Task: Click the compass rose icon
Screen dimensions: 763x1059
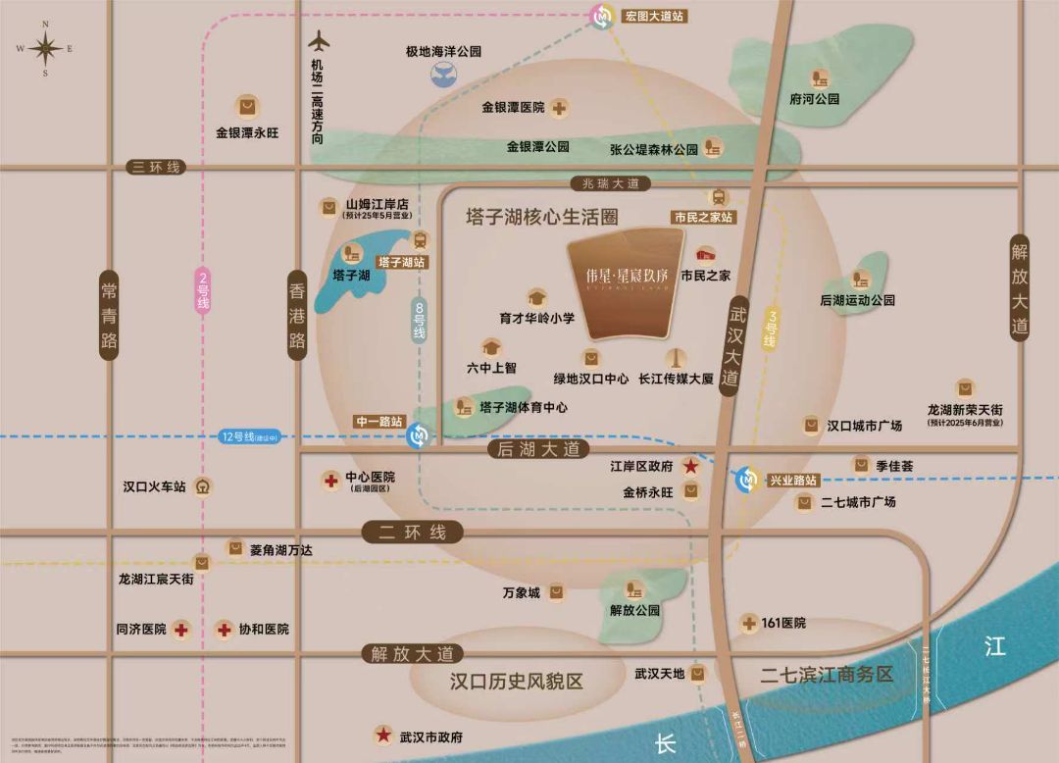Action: (x=44, y=49)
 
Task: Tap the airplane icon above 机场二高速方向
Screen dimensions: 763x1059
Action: (x=319, y=43)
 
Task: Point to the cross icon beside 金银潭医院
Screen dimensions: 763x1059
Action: (x=560, y=108)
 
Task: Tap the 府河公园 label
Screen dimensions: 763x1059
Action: (x=814, y=99)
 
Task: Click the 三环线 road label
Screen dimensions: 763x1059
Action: (x=157, y=168)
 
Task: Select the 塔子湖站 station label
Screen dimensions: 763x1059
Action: (x=400, y=262)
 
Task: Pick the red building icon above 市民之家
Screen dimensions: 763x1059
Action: (x=705, y=254)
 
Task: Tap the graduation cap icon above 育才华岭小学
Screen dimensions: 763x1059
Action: (x=536, y=296)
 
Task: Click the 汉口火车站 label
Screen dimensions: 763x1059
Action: (x=155, y=485)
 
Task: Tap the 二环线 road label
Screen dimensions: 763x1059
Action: (x=411, y=533)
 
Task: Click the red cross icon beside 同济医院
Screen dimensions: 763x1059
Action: (x=181, y=630)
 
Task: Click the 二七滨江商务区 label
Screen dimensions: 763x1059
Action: (x=828, y=675)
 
